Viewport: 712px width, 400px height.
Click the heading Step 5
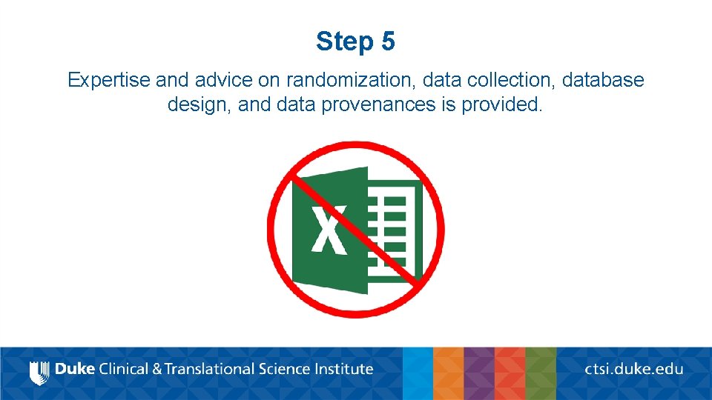coord(355,41)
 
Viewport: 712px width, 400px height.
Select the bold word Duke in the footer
coord(74,369)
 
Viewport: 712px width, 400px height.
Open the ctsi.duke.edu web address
coord(634,369)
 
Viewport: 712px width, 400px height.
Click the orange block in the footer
coord(448,373)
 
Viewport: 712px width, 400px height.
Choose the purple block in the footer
coord(479,373)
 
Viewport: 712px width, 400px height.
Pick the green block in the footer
coord(541,373)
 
